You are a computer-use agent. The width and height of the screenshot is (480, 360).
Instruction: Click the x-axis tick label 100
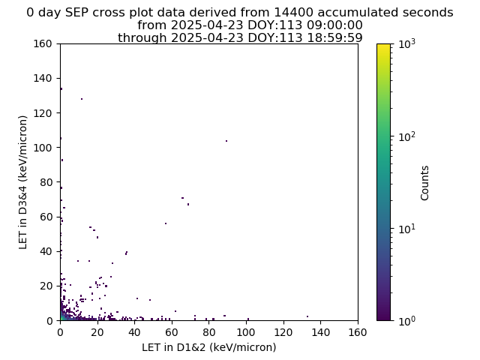tap(246, 332)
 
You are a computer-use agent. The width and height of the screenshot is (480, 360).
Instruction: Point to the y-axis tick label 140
tap(43, 78)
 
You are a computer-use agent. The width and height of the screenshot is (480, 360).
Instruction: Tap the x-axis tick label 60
tap(172, 332)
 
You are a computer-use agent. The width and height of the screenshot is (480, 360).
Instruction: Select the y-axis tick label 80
tap(46, 182)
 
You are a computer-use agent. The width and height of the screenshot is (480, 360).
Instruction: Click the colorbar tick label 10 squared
tap(407, 136)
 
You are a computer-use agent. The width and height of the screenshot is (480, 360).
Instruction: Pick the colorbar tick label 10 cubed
tap(407, 43)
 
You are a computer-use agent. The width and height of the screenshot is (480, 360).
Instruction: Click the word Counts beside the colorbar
tap(424, 183)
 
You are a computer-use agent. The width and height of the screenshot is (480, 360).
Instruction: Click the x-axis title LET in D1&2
tap(209, 347)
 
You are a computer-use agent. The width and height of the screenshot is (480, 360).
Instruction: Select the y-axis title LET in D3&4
tap(23, 182)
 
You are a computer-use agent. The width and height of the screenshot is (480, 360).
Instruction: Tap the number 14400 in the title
tap(293, 13)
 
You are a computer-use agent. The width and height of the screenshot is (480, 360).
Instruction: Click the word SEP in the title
tap(79, 13)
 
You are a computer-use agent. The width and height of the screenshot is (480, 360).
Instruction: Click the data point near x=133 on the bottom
tap(307, 316)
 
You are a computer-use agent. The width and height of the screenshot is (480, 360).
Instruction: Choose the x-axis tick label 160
tap(358, 332)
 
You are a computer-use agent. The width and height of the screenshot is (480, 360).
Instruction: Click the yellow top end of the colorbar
tap(383, 45)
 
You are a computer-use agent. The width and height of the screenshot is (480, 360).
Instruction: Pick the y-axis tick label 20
tap(46, 286)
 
